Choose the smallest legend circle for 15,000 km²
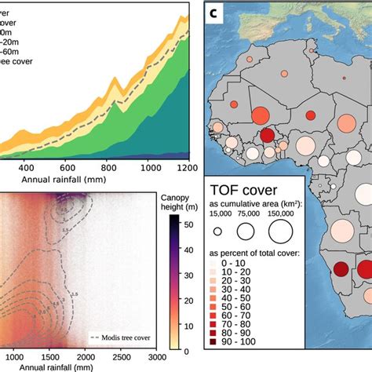[217, 232]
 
